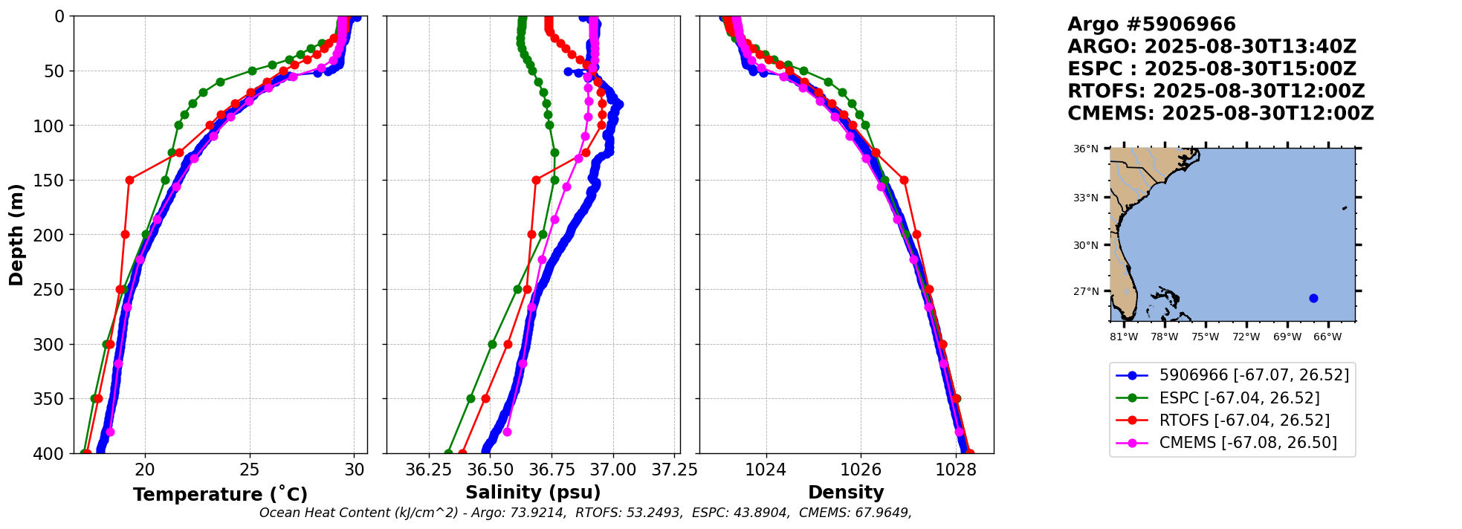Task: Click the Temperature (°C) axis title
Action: pos(220,495)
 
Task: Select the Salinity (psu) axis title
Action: pos(533,493)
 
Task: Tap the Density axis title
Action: pos(846,493)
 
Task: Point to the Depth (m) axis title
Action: pos(16,235)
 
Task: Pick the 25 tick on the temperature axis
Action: pos(250,470)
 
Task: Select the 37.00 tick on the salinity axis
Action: pos(613,470)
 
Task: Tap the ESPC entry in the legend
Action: pos(1239,398)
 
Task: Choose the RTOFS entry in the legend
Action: pos(1244,421)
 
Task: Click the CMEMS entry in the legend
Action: pos(1248,443)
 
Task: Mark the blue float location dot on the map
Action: pos(1313,298)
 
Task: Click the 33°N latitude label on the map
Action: pos(1085,198)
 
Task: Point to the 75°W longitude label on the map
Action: pos(1205,337)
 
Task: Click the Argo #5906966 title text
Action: pos(1151,25)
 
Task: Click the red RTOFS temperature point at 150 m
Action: pos(129,180)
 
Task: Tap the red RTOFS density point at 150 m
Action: pos(904,180)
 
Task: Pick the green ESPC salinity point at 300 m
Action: pos(492,344)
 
